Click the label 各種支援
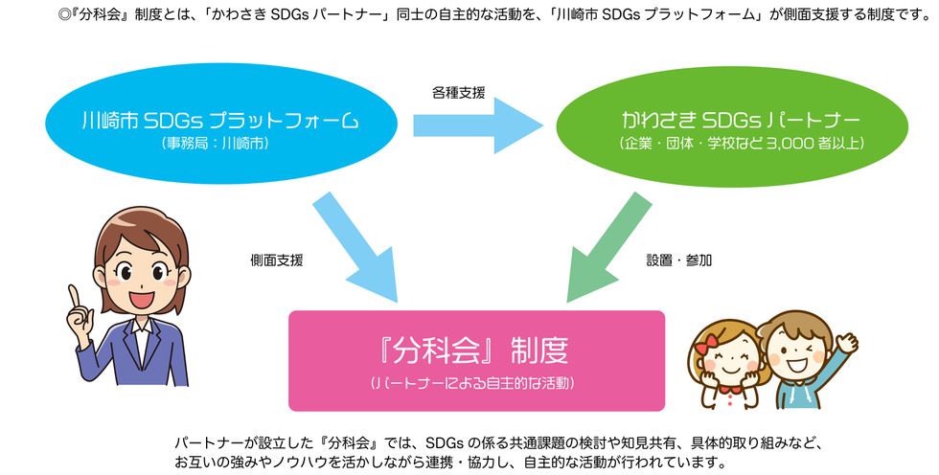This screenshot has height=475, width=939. tap(458, 93)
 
